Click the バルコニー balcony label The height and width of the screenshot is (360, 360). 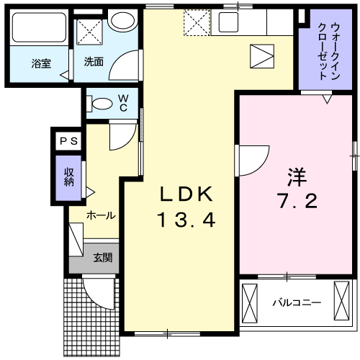click(296, 303)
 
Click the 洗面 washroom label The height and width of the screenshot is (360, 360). click(94, 62)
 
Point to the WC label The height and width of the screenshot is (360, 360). click(123, 102)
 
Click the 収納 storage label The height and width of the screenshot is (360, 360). click(70, 176)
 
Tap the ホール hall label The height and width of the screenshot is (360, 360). click(101, 215)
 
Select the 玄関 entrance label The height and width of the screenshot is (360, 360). click(102, 256)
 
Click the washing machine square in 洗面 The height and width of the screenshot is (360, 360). click(92, 32)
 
